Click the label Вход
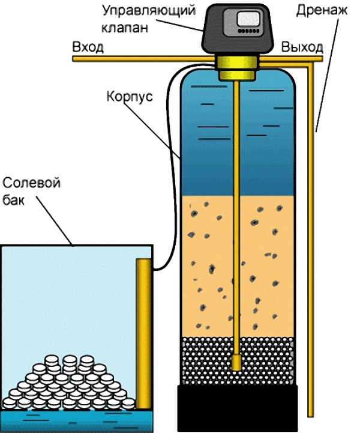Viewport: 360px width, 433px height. pyautogui.click(x=88, y=47)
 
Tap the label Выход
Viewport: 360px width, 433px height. pyautogui.click(x=302, y=47)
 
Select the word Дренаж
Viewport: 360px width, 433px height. pyautogui.click(x=322, y=11)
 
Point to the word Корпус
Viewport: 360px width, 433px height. pyautogui.click(x=130, y=97)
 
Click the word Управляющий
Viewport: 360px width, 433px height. pyautogui.click(x=149, y=11)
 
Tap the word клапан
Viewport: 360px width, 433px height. pyautogui.click(x=125, y=28)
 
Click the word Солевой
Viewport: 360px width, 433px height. pyautogui.click(x=31, y=183)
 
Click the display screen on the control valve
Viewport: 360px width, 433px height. pyautogui.click(x=249, y=19)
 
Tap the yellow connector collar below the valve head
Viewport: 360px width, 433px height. pyautogui.click(x=236, y=68)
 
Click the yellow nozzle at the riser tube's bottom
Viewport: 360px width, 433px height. pyautogui.click(x=236, y=362)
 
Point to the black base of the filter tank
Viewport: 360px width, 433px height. pyautogui.click(x=237, y=408)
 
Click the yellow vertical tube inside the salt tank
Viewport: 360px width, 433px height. pyautogui.click(x=143, y=334)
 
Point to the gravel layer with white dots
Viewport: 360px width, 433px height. pyautogui.click(x=237, y=361)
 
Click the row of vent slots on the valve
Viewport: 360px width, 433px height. pyautogui.click(x=249, y=31)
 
